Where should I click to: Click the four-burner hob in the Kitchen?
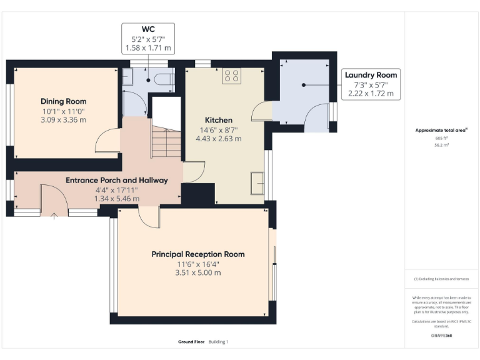click(231, 76)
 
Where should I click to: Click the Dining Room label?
click(63, 101)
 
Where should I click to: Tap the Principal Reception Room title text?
click(198, 254)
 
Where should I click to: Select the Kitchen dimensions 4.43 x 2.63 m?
click(219, 139)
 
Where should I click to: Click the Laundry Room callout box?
click(372, 84)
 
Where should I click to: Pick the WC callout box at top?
click(148, 38)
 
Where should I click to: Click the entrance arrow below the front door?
click(54, 217)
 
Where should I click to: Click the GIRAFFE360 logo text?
click(441, 336)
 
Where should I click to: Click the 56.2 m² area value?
click(441, 144)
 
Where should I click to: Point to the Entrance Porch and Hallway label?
click(117, 180)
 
